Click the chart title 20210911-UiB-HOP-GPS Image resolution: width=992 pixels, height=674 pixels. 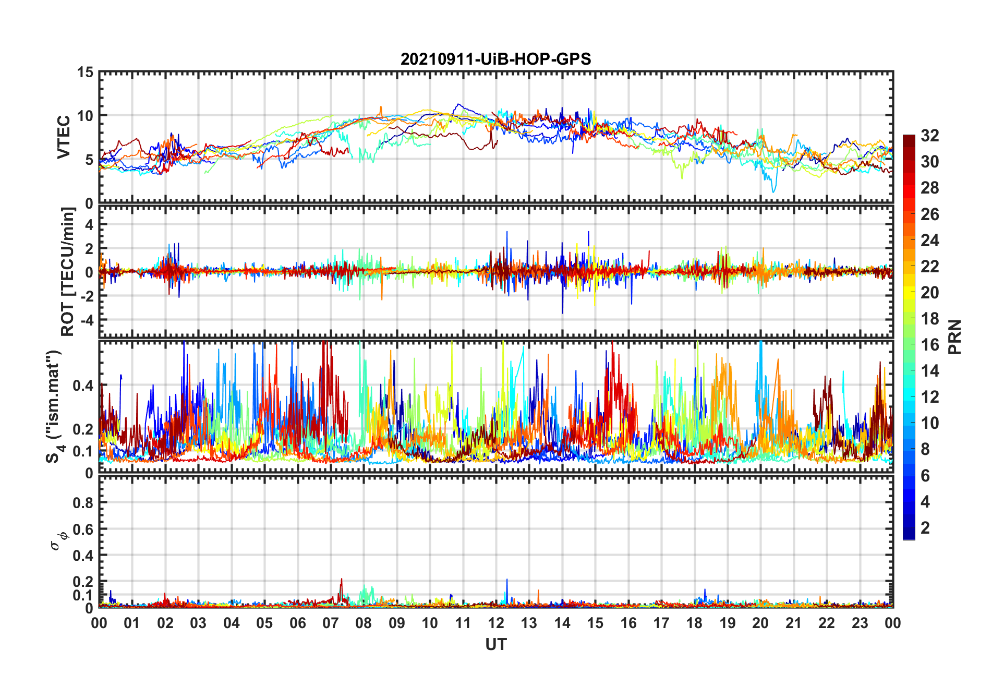point(495,59)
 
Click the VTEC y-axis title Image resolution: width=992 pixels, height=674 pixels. point(64,137)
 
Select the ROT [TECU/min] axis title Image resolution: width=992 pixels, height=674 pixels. point(68,271)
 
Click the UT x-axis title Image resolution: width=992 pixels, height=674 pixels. point(495,645)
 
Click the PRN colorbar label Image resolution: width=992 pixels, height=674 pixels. point(954,337)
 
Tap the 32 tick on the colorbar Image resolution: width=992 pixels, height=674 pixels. point(929,136)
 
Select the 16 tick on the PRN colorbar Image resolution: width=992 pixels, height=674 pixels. point(929,345)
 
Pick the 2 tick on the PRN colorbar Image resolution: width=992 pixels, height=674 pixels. point(925,528)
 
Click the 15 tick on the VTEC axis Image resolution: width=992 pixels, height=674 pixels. point(86,73)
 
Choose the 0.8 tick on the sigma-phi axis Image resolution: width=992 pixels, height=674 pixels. point(83,503)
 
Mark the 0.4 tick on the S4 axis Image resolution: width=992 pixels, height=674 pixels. point(83,386)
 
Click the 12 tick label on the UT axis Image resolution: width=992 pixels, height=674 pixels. point(496,623)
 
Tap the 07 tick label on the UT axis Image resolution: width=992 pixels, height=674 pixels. point(331,623)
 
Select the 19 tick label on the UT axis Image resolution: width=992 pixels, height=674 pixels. point(728,623)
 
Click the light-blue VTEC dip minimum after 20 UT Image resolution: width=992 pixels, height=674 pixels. point(773,192)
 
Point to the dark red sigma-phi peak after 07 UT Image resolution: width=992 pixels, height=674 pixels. point(342,579)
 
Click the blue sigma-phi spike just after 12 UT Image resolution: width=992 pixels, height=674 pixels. point(507,580)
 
